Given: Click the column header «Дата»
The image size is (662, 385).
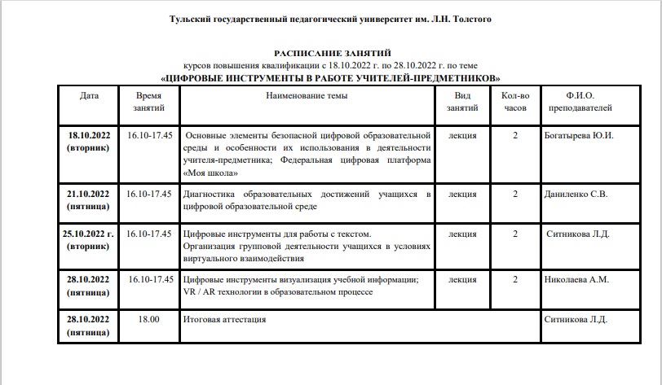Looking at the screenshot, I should [90, 95].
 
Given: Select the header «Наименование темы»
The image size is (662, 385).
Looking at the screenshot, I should [307, 95].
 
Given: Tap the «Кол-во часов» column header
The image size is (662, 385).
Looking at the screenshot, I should [515, 101].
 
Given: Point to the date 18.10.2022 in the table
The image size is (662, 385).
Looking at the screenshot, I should [89, 135].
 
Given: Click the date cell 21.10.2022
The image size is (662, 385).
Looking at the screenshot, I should [89, 194].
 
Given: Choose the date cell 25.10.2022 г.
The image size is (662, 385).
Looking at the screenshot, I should [89, 234].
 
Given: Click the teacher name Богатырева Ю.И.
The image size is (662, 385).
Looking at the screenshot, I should [578, 135].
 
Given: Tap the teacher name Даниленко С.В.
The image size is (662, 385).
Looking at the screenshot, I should [576, 194].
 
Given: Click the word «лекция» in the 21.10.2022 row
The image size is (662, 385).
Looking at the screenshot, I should [463, 194].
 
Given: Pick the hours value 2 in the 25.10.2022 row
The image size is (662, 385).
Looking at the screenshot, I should [515, 234].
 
